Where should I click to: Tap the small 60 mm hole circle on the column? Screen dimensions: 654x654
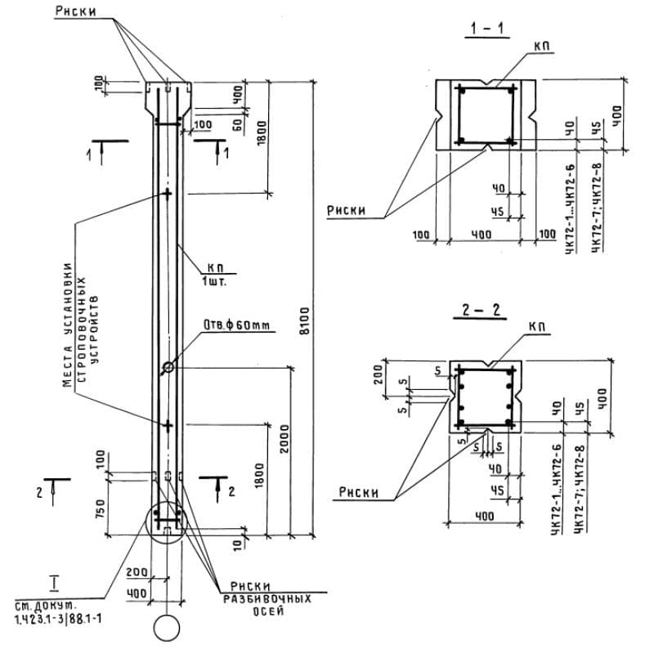click(168, 367)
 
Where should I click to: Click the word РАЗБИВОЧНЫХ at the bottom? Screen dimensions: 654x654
click(269, 598)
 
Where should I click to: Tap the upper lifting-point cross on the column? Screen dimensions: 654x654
click(168, 194)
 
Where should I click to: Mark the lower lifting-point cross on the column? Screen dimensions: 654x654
click(168, 425)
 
